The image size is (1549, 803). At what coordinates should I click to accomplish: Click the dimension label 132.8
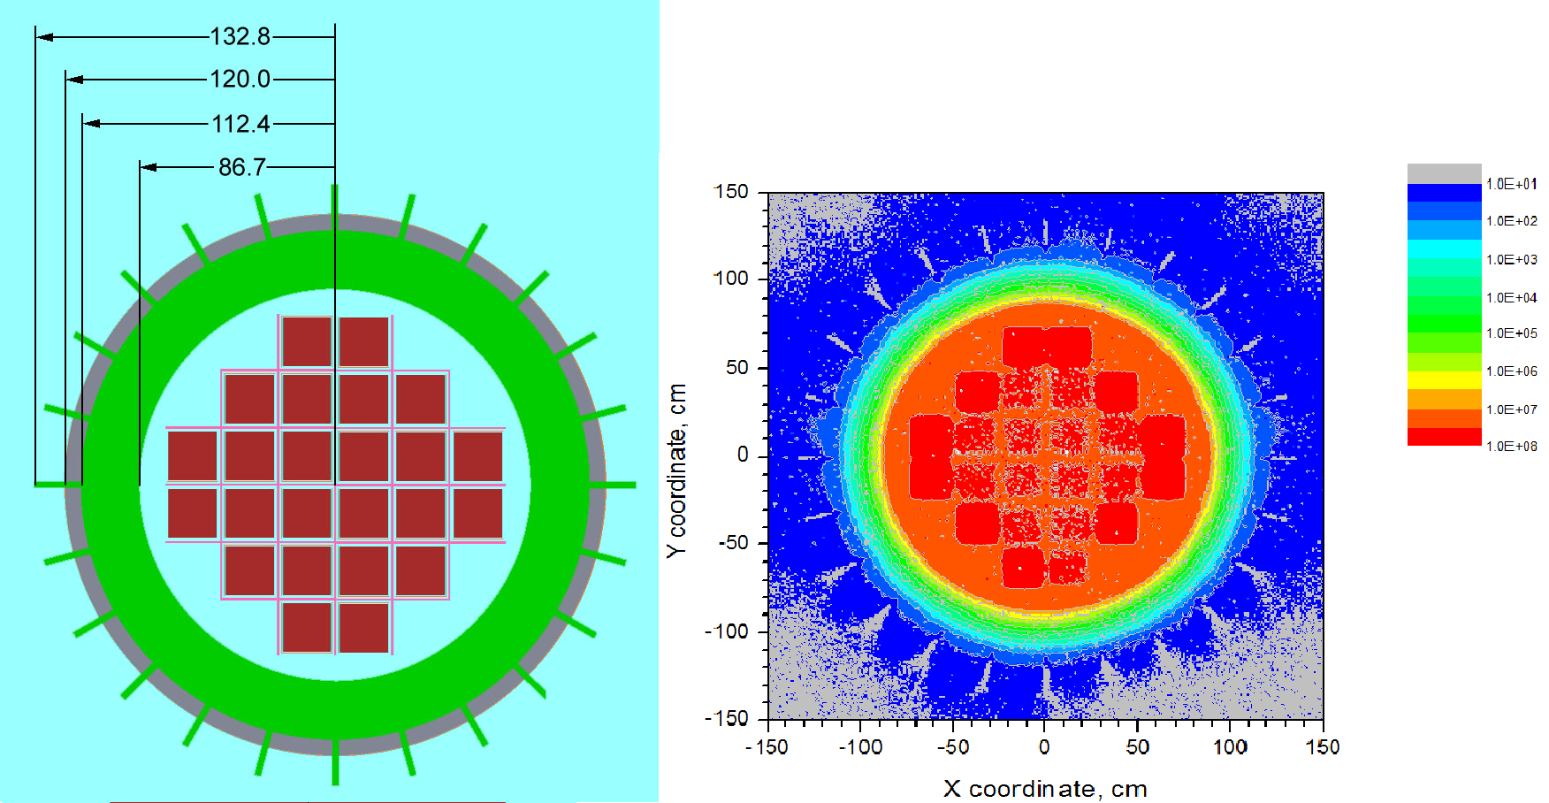[240, 36]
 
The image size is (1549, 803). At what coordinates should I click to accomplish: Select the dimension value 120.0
[240, 79]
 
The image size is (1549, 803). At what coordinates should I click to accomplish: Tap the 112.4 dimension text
[240, 123]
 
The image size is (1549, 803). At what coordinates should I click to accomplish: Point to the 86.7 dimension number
[242, 166]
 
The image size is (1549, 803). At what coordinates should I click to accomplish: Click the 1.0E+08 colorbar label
[1511, 446]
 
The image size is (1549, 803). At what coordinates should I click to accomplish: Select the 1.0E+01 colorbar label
[1511, 184]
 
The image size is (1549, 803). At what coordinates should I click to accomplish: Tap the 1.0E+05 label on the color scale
[1511, 333]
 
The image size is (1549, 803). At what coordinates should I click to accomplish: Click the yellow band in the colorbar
[1444, 380]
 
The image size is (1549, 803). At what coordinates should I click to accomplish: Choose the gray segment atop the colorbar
[1444, 173]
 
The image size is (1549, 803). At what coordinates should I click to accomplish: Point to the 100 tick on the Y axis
[731, 279]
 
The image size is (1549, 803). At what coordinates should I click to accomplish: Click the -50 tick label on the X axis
[952, 747]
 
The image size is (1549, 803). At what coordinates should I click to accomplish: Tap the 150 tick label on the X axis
[1322, 747]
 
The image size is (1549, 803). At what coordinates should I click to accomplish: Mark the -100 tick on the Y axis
[727, 631]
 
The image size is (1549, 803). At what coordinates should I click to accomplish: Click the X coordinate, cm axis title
[1045, 788]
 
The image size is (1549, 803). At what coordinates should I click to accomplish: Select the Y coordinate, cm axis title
[676, 470]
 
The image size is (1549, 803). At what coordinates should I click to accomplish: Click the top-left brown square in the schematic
[306, 341]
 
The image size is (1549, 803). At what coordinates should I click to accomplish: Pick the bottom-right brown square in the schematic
[363, 627]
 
